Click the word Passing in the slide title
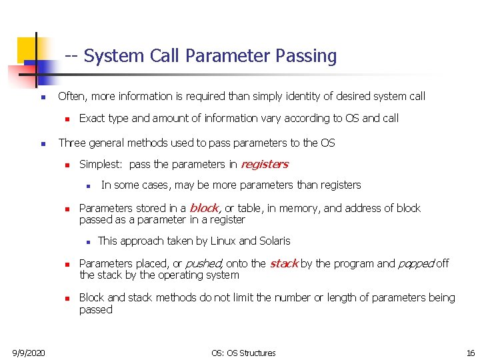tap(307, 56)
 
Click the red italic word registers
tap(264, 164)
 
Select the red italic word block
tap(204, 208)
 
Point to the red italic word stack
tap(283, 263)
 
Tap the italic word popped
tap(415, 263)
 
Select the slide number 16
tap(471, 352)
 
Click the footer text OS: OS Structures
tap(243, 352)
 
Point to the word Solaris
tap(274, 241)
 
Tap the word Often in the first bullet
tap(71, 96)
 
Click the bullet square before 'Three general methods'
tap(42, 143)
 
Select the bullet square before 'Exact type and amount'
tap(67, 119)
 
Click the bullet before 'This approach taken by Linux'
tap(88, 241)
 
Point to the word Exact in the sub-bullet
tap(92, 118)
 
